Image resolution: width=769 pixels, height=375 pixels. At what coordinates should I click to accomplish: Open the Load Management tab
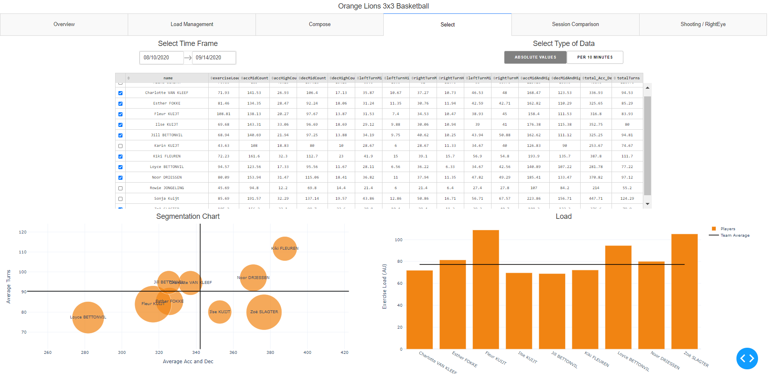(x=192, y=24)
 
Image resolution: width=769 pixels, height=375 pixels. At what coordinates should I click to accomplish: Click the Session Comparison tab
(x=575, y=24)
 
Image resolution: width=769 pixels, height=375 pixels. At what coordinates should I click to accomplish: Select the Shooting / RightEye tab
(x=703, y=24)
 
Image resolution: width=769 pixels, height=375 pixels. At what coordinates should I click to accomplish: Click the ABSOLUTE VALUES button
(x=535, y=57)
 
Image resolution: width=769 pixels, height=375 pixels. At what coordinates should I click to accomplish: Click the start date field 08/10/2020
(x=161, y=58)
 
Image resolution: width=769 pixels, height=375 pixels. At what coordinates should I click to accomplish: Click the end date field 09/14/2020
(x=214, y=58)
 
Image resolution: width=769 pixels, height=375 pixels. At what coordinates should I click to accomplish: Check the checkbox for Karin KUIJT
(x=120, y=146)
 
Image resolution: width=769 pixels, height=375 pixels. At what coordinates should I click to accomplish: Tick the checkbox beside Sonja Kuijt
(x=120, y=199)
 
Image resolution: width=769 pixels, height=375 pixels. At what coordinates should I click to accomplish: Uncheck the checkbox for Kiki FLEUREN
(x=120, y=157)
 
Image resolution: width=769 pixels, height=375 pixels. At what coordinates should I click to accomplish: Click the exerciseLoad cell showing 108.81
(x=223, y=114)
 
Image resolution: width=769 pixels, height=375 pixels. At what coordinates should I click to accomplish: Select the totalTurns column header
(x=628, y=78)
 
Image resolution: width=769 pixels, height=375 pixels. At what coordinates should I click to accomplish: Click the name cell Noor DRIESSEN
(x=167, y=178)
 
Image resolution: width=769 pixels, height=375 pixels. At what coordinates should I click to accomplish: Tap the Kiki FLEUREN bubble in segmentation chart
(x=285, y=249)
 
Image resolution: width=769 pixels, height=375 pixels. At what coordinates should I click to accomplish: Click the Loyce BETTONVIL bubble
(x=88, y=318)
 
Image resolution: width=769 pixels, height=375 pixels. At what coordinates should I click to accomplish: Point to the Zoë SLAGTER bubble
(x=264, y=312)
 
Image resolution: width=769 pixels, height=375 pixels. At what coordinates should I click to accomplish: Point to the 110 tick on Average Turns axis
(x=23, y=252)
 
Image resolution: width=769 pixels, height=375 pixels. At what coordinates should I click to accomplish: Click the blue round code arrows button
(x=747, y=358)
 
